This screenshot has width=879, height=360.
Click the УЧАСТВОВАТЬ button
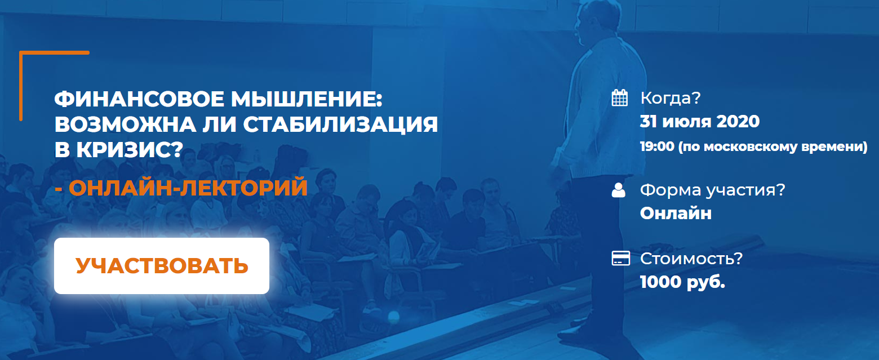pyautogui.click(x=162, y=266)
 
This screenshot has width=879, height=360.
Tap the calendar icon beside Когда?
pyautogui.click(x=619, y=98)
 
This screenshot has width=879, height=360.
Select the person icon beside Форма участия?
pyautogui.click(x=619, y=190)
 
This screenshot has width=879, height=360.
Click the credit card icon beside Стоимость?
pyautogui.click(x=620, y=259)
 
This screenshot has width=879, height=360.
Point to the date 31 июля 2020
pyautogui.click(x=699, y=121)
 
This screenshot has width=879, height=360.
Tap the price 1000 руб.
pyautogui.click(x=682, y=282)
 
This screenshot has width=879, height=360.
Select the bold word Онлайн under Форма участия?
pyautogui.click(x=676, y=214)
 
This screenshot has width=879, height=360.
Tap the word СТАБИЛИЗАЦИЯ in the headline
pyautogui.click(x=341, y=125)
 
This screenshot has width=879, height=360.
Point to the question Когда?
pyautogui.click(x=671, y=98)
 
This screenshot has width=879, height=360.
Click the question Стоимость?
pyautogui.click(x=691, y=259)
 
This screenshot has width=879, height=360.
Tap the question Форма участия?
pyautogui.click(x=713, y=190)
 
